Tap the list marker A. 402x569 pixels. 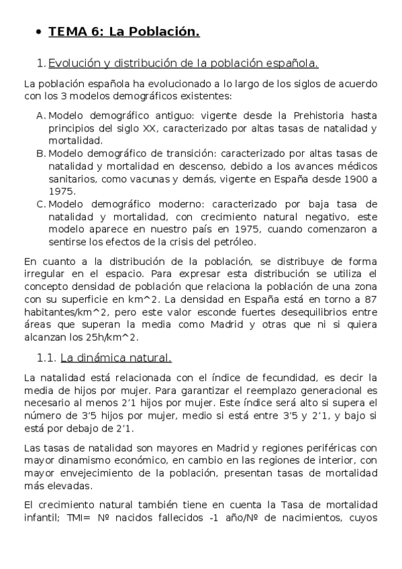41,116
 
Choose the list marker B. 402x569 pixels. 41,153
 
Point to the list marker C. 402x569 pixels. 41,203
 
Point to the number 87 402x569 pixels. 370,299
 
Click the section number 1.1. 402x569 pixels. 46,357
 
